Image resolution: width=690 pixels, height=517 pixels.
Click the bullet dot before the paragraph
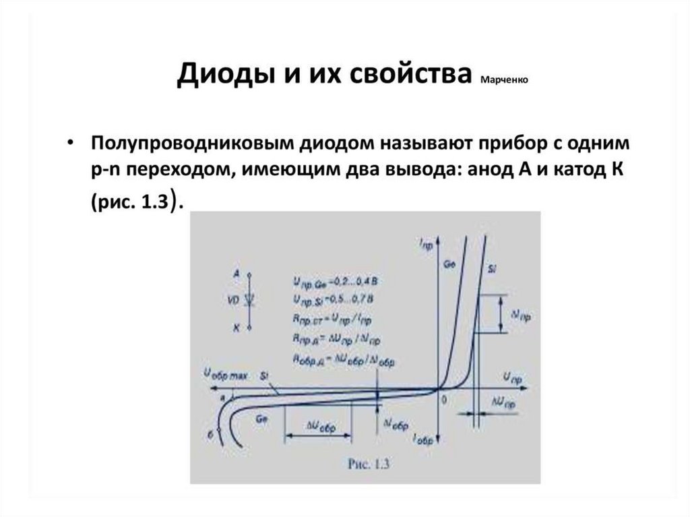[71, 145]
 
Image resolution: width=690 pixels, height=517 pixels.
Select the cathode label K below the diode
[235, 328]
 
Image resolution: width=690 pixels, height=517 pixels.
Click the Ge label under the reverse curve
[261, 419]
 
